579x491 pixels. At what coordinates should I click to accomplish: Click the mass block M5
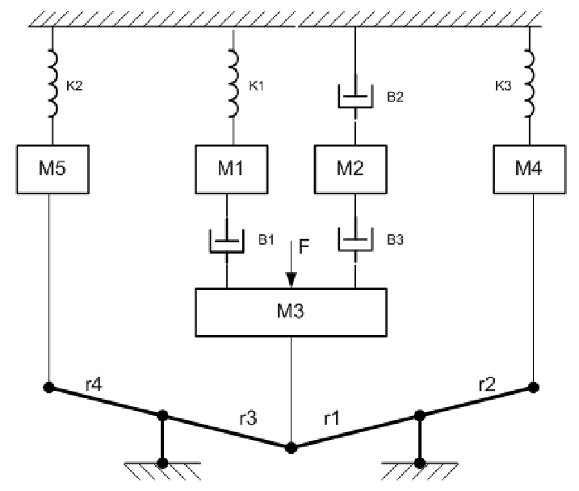click(50, 168)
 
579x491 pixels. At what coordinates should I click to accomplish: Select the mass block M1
click(233, 168)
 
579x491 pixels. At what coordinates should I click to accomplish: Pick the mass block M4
click(531, 168)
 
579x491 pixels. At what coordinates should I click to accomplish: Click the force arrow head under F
click(291, 279)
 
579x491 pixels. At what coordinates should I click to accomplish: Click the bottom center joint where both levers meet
click(291, 446)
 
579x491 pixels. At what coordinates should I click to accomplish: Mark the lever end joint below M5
click(49, 388)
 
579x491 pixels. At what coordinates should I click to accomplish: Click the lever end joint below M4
click(532, 387)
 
